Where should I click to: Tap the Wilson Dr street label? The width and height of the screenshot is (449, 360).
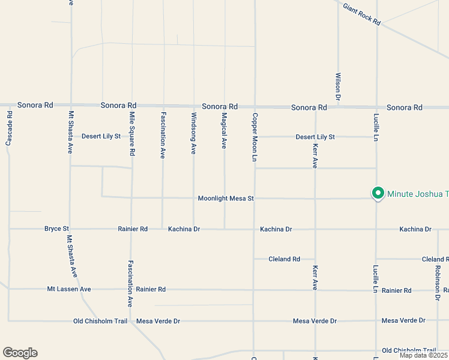coord(338,86)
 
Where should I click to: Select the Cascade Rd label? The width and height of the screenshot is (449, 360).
coord(9,128)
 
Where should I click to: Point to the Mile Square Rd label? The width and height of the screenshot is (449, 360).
coord(132,134)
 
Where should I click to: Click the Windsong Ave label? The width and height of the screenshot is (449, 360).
coord(193,133)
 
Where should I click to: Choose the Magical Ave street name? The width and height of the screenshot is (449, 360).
coord(224,131)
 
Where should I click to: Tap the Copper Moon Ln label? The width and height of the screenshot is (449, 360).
coord(255,137)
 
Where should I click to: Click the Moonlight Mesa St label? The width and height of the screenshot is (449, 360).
coord(226,198)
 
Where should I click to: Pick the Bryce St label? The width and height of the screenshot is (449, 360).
coord(57,229)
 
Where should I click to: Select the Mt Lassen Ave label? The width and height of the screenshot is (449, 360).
coord(69,289)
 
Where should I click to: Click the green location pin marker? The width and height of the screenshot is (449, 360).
coord(378,193)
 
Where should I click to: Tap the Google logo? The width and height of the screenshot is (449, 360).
coord(20,353)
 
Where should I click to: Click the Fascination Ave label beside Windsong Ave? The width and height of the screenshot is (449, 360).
coord(163,134)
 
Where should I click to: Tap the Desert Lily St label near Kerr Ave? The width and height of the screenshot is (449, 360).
coord(315,137)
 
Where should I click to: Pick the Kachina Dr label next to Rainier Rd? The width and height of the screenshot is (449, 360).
coord(184,229)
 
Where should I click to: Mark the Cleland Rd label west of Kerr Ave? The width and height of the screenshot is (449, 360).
coord(284,259)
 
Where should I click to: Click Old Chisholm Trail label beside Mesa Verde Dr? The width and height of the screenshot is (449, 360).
coord(100,321)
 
